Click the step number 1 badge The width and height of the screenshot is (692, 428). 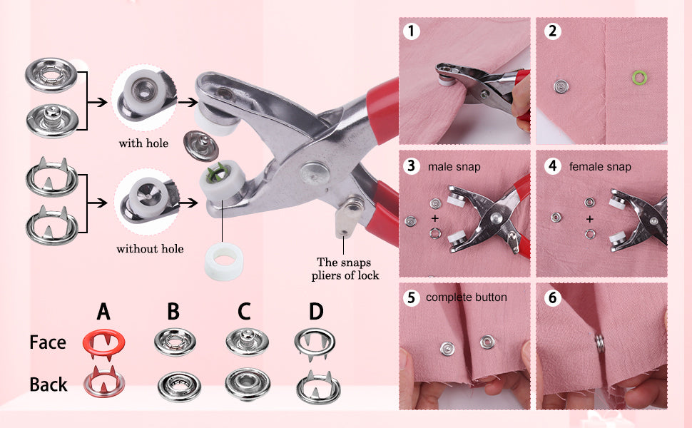[412, 31]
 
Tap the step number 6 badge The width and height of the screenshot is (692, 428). [553, 297]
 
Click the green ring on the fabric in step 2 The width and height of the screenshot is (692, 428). [639, 78]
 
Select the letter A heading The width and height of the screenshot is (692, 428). [103, 312]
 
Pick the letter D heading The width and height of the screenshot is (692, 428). [316, 312]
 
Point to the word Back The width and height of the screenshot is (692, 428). [48, 384]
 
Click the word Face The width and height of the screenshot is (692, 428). [48, 342]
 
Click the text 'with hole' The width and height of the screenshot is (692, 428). [143, 143]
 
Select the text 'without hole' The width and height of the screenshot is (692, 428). [150, 249]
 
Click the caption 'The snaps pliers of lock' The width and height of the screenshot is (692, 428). [345, 269]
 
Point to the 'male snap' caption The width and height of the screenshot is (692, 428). [454, 167]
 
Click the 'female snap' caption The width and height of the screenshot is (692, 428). [600, 167]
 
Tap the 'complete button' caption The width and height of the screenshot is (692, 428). [467, 297]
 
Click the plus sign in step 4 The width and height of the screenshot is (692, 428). [590, 219]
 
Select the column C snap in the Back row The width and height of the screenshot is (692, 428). [248, 384]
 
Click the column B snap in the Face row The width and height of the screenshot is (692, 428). [175, 341]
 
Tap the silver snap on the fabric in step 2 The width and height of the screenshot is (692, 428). [561, 86]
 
